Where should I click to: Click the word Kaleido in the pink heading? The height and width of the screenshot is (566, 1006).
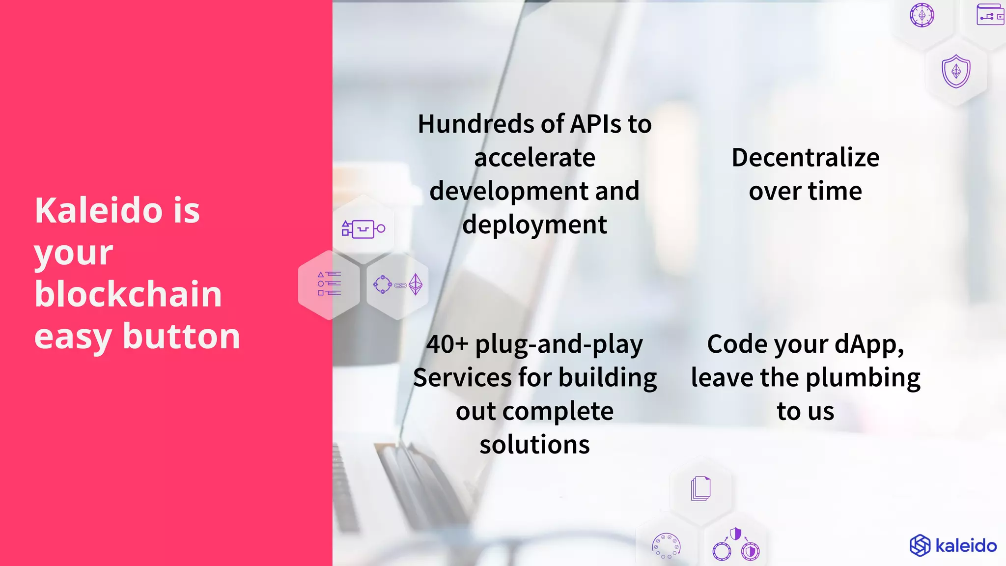pyautogui.click(x=99, y=210)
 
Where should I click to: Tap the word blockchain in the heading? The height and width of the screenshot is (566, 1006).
pyautogui.click(x=128, y=294)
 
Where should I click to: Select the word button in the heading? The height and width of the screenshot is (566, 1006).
pyautogui.click(x=181, y=337)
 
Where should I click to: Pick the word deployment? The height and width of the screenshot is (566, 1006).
pyautogui.click(x=534, y=225)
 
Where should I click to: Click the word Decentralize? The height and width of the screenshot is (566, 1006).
pyautogui.click(x=806, y=158)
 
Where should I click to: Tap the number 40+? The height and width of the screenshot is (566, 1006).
pyautogui.click(x=447, y=344)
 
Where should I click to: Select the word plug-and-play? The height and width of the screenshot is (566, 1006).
pyautogui.click(x=559, y=345)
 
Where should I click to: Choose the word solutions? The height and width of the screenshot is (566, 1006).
pyautogui.click(x=534, y=445)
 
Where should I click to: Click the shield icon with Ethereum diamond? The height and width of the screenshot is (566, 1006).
pyautogui.click(x=956, y=72)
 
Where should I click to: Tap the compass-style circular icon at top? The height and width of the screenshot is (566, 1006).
pyautogui.click(x=922, y=15)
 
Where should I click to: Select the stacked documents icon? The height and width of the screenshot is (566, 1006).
pyautogui.click(x=700, y=488)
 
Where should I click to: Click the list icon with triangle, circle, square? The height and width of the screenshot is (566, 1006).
pyautogui.click(x=329, y=284)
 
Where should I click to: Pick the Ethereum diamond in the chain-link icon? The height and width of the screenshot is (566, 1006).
pyautogui.click(x=416, y=284)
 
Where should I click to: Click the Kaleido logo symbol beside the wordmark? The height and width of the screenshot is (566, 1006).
pyautogui.click(x=920, y=545)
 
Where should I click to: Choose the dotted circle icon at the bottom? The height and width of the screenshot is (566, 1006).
pyautogui.click(x=666, y=546)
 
